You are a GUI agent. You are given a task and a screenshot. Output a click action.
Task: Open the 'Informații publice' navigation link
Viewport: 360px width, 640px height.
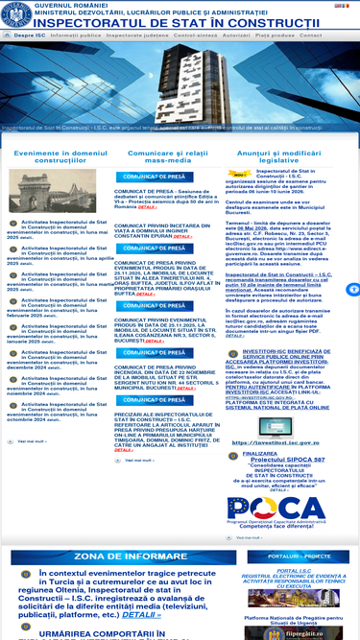[x=76, y=35]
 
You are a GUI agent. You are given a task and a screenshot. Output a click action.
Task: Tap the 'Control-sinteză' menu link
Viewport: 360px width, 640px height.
[x=195, y=35]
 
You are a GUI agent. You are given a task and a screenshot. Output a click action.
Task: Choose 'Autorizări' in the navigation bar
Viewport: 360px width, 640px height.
[x=241, y=35]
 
